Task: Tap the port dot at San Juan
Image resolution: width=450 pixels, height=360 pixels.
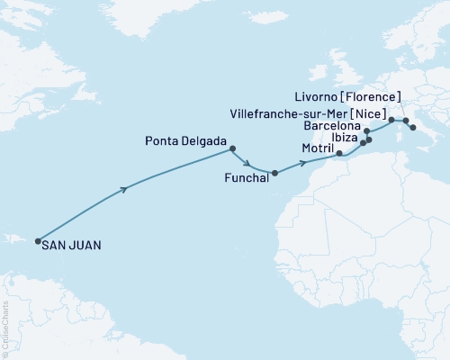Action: click(37, 241)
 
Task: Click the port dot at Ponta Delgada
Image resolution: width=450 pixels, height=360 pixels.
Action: click(233, 148)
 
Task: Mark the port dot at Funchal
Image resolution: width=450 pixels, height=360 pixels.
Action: click(274, 173)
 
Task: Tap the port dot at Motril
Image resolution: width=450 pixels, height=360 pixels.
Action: click(339, 154)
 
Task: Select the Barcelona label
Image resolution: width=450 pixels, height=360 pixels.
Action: click(332, 127)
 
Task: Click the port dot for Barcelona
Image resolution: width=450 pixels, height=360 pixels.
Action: click(366, 131)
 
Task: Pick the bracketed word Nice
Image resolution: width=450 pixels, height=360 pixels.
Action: click(373, 115)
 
